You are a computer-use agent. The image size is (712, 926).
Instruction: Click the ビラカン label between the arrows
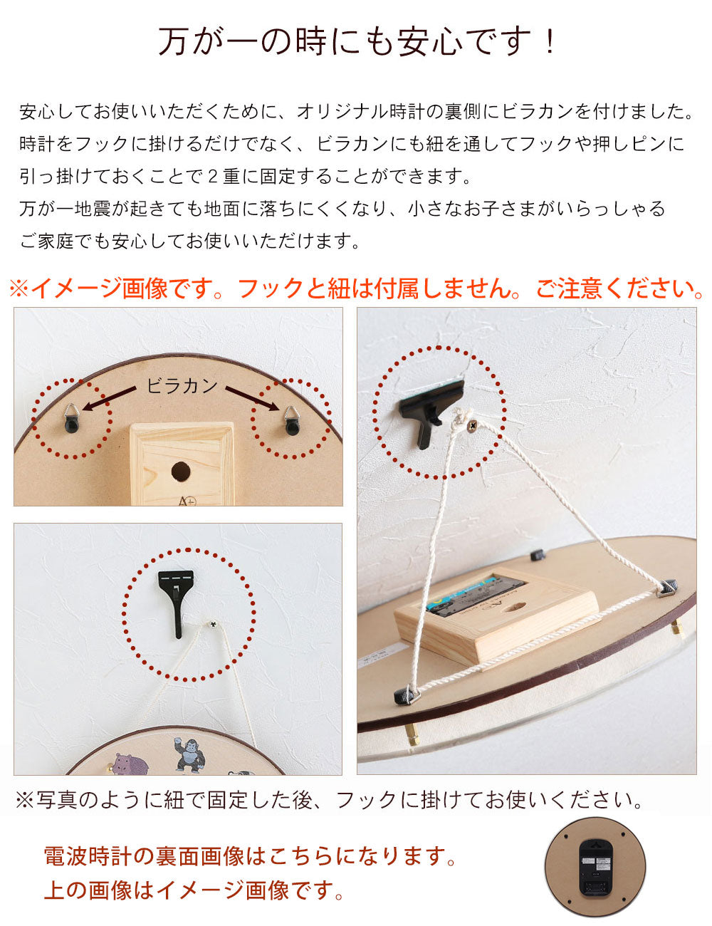click(182, 385)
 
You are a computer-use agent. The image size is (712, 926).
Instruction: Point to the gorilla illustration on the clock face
click(188, 755)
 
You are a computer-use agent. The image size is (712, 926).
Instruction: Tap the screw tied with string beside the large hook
click(212, 625)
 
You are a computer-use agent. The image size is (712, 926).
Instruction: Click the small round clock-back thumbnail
click(595, 866)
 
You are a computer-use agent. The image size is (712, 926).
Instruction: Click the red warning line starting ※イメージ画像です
click(356, 288)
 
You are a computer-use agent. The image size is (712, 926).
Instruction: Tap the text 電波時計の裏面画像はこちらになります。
click(251, 855)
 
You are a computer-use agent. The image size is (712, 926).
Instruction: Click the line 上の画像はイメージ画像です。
click(194, 890)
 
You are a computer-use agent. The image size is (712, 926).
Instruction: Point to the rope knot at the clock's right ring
click(667, 586)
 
